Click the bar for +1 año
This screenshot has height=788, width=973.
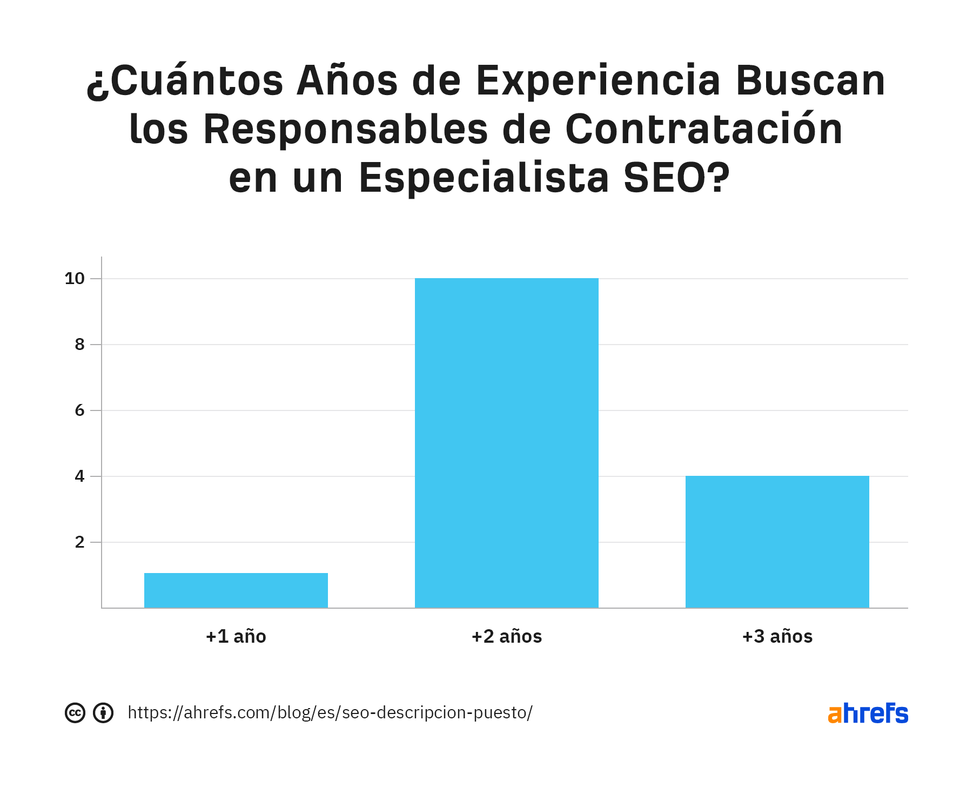click(x=236, y=590)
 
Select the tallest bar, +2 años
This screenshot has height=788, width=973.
click(x=506, y=443)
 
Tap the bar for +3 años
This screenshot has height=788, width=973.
click(x=777, y=541)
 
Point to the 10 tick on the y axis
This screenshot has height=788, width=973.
click(x=75, y=279)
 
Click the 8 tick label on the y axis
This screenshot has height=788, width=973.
click(x=79, y=345)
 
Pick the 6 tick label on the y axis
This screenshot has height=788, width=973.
click(x=79, y=410)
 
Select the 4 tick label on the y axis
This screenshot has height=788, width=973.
click(x=79, y=476)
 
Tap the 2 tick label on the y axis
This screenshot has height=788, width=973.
click(x=79, y=542)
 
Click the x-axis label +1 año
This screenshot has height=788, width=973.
click(x=236, y=636)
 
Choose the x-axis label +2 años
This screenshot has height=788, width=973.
click(x=506, y=636)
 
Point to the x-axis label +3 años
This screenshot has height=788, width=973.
click(x=777, y=636)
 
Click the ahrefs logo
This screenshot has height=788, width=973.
click(x=868, y=713)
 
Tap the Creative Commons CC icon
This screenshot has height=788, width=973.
click(x=75, y=713)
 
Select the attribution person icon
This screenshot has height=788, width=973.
click(x=103, y=713)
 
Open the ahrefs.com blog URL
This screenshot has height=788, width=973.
click(x=330, y=713)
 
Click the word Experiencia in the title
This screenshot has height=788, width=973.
click(x=598, y=82)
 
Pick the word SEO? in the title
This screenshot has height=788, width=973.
click(x=676, y=178)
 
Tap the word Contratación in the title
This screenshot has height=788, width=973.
click(x=703, y=130)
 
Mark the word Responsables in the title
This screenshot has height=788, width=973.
click(x=346, y=130)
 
